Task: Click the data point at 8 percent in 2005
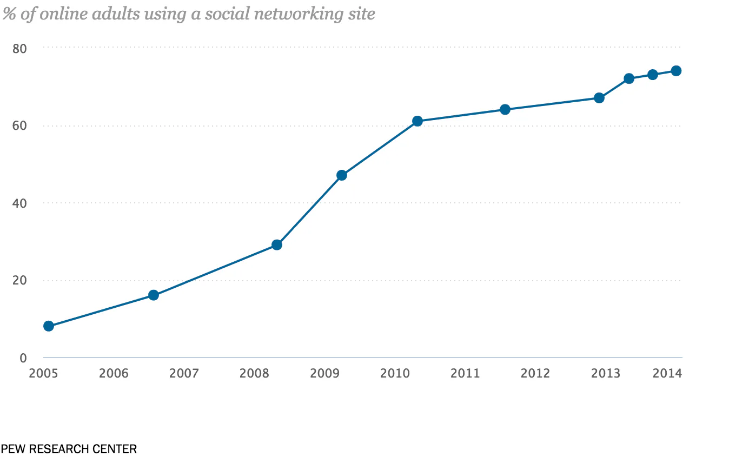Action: coord(49,326)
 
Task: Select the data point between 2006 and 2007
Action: coord(154,295)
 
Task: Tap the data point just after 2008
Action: coord(277,244)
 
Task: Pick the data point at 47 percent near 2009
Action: coord(342,175)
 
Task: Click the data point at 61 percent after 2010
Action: coord(417,121)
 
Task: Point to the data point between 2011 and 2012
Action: coord(505,109)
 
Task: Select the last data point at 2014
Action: coord(676,71)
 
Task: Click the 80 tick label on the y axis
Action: coord(19,48)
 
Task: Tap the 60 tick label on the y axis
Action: coord(19,126)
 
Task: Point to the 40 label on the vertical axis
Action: coord(19,203)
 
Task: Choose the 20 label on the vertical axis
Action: coord(19,281)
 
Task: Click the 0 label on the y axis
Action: coord(23,358)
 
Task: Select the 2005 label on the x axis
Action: coord(43,373)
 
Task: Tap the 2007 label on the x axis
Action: coord(184,373)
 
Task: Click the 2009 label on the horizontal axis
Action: coord(324,373)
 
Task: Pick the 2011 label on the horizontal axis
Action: coord(465,373)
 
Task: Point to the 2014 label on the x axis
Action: coord(667,373)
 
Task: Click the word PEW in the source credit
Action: coord(11,449)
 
